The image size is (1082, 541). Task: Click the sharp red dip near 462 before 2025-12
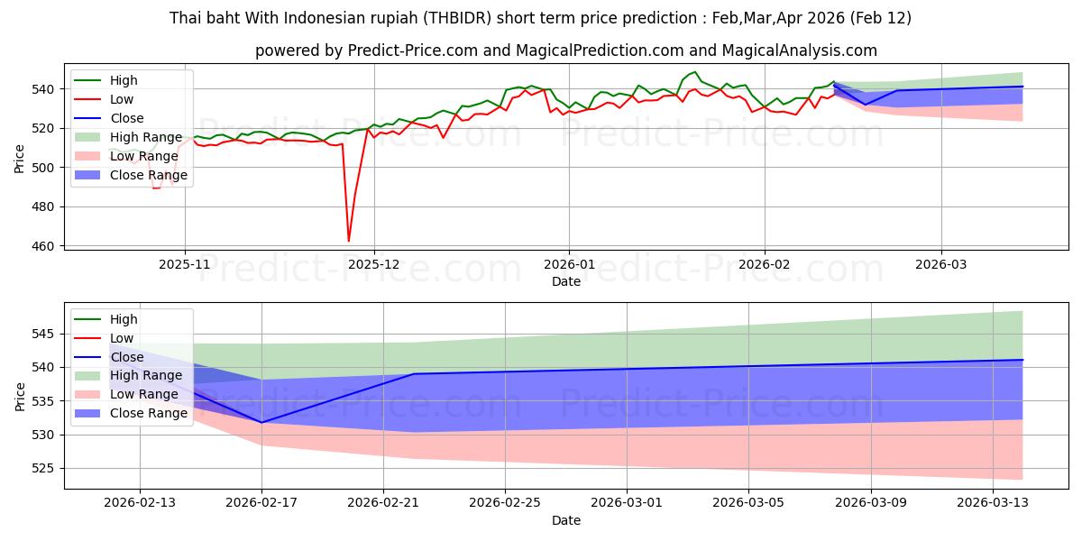click(x=349, y=241)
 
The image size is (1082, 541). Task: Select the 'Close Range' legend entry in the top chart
click(x=149, y=175)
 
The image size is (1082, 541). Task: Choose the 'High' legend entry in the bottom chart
click(x=124, y=319)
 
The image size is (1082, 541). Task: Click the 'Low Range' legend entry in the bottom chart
click(x=143, y=394)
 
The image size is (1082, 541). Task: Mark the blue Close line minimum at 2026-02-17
click(x=261, y=422)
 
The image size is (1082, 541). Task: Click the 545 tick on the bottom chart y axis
click(x=48, y=335)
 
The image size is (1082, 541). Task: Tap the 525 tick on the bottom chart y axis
click(x=48, y=469)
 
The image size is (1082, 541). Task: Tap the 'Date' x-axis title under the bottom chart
click(x=565, y=520)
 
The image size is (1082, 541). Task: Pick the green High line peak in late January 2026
click(x=694, y=72)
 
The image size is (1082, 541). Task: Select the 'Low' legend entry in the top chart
click(x=122, y=99)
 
